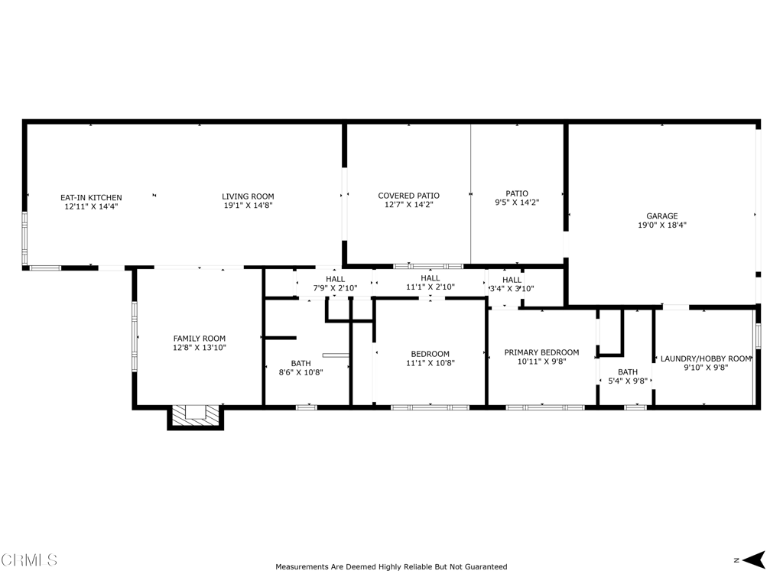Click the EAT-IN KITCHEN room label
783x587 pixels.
click(92, 198)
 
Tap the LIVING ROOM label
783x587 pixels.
click(249, 196)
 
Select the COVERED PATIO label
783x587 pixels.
click(409, 196)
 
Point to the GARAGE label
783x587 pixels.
click(662, 216)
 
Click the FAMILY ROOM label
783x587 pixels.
click(200, 339)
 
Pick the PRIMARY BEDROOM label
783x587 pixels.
click(542, 352)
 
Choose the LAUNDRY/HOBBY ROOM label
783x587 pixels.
click(706, 358)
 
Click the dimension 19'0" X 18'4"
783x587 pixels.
click(662, 225)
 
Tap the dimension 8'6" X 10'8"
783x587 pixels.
click(301, 372)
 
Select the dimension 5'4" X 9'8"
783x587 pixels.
click(628, 381)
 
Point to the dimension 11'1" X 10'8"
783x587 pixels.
click(430, 363)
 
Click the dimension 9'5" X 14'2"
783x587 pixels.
click(517, 203)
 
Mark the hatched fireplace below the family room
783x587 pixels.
click(195, 417)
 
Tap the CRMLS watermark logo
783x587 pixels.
click(29, 560)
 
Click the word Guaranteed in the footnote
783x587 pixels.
click(486, 567)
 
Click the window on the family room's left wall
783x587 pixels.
click(135, 336)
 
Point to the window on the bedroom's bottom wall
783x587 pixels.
click(430, 408)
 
